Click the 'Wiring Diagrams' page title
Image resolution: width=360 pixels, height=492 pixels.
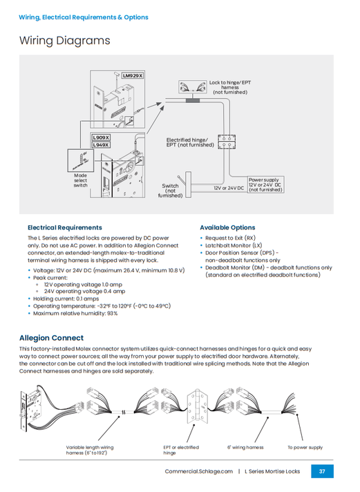point(64,41)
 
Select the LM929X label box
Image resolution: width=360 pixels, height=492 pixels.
point(133,75)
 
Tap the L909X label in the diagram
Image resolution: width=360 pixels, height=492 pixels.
point(102,138)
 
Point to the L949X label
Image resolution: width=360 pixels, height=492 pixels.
point(102,145)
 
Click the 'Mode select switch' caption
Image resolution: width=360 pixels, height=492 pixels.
point(81,180)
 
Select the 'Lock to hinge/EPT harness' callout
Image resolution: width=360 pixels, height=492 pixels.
point(230,86)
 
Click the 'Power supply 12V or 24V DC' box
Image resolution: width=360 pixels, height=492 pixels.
point(265,184)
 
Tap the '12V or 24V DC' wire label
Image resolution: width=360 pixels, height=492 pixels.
point(229,188)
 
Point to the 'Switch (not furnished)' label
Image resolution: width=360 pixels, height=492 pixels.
point(171,191)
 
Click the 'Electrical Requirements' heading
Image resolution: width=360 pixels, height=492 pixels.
point(64,227)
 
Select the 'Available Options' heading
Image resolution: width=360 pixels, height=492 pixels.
point(227,227)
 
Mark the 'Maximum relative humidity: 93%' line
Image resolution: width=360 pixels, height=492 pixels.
point(75,313)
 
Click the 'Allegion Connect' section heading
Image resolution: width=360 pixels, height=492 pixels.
point(51,338)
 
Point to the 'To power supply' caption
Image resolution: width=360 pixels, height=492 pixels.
point(305,447)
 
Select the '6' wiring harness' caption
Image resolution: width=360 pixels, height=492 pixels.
point(245,447)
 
